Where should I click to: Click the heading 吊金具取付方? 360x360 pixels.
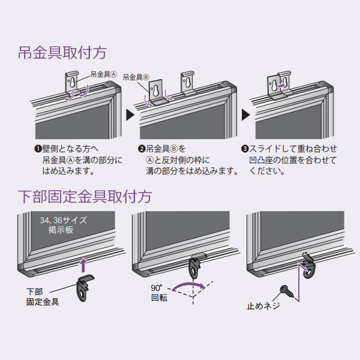pyautogui.click(x=62, y=53)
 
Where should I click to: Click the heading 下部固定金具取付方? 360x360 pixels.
pyautogui.click(x=85, y=197)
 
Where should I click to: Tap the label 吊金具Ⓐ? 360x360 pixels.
pyautogui.click(x=104, y=74)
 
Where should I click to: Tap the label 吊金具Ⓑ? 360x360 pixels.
pyautogui.click(x=136, y=77)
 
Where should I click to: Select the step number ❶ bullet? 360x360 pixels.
pyautogui.click(x=38, y=149)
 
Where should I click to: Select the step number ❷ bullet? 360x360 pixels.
pyautogui.click(x=142, y=149)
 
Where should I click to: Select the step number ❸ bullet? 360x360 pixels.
pyautogui.click(x=245, y=149)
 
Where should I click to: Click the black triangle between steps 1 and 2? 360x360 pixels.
pyautogui.click(x=130, y=115)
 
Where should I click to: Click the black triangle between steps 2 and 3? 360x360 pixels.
pyautogui.click(x=245, y=115)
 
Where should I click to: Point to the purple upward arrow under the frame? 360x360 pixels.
pyautogui.click(x=84, y=265)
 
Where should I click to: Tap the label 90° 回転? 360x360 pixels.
pyautogui.click(x=159, y=293)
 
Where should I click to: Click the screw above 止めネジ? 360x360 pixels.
pyautogui.click(x=287, y=292)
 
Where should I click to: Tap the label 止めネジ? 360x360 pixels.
pyautogui.click(x=263, y=306)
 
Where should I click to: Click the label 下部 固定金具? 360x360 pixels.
pyautogui.click(x=43, y=297)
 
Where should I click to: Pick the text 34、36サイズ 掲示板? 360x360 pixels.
pyautogui.click(x=64, y=225)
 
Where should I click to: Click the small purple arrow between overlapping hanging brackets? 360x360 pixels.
pyautogui.click(x=281, y=86)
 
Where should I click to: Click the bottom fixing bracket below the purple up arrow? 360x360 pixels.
pyautogui.click(x=85, y=287)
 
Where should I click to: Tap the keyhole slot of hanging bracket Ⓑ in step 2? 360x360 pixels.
pyautogui.click(x=156, y=91)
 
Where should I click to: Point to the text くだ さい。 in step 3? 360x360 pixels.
pyautogui.click(x=267, y=171)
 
